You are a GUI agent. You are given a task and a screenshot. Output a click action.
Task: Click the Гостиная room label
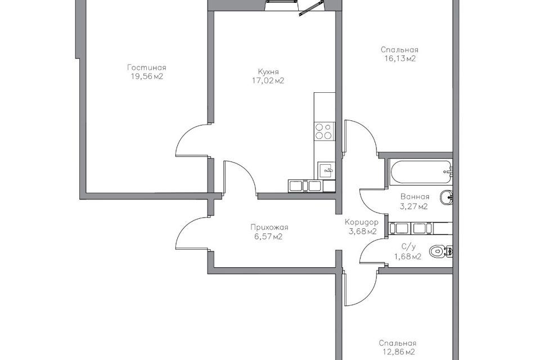[146, 67]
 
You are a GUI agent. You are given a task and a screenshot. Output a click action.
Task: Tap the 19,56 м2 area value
[147, 76]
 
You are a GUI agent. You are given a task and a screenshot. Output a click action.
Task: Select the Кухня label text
[268, 71]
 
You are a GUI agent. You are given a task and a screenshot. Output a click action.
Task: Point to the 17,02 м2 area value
[268, 80]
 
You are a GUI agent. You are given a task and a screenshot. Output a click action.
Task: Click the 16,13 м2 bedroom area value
[400, 58]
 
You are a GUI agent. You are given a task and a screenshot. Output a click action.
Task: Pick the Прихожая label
[269, 227]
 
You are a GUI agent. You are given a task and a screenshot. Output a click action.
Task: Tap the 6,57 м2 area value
[269, 237]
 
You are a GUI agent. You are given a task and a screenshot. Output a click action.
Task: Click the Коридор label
[361, 222]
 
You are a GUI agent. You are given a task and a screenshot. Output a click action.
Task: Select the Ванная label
[415, 197]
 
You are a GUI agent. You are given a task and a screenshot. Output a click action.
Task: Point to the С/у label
[409, 247]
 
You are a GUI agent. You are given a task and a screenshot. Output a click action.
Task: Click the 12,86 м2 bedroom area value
[398, 352]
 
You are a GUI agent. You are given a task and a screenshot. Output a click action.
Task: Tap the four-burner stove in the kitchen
[324, 131]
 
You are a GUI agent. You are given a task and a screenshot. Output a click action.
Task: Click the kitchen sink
[326, 170]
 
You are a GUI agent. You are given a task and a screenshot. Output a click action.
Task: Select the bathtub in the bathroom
[420, 171]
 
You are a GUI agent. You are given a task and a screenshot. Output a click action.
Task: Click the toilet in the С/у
[441, 251]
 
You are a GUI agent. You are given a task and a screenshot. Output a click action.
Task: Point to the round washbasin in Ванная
[446, 198]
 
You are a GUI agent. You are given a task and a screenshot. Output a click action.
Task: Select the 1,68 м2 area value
[408, 256]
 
